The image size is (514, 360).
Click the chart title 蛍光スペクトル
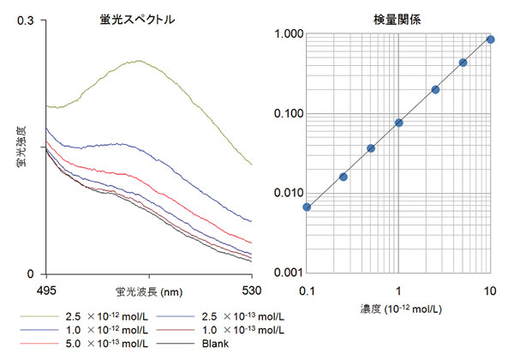[137, 19]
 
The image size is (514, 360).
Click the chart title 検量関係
[398, 19]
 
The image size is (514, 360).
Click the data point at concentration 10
[491, 39]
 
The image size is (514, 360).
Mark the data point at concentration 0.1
[307, 207]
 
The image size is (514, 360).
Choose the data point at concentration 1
[399, 123]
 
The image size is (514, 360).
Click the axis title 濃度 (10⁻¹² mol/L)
[398, 307]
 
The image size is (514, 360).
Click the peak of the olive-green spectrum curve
[139, 61]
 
